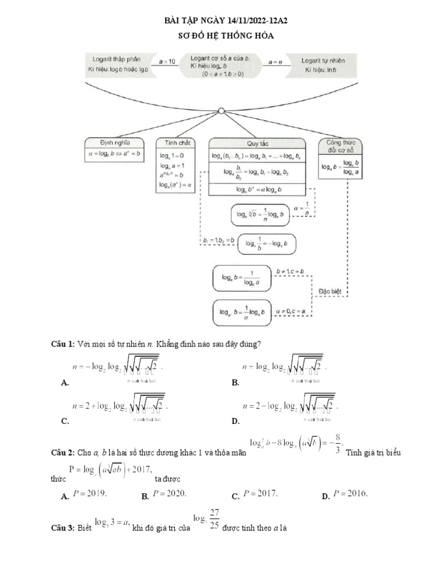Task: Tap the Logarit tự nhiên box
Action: click(322, 65)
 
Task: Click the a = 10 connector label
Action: click(167, 61)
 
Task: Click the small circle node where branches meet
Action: click(222, 110)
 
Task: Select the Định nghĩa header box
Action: click(114, 143)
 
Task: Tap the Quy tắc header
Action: click(257, 143)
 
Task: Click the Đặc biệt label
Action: click(330, 291)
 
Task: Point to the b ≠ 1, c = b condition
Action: click(290, 272)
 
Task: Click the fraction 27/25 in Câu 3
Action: click(213, 518)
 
